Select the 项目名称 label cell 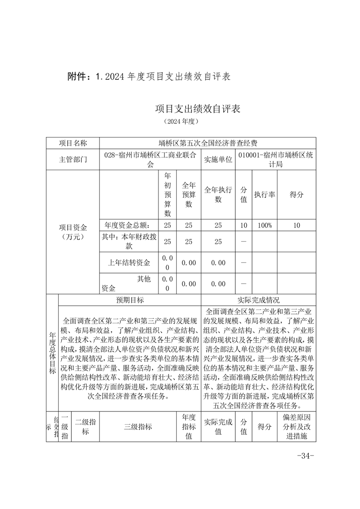pos(73,143)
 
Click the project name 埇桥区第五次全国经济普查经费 pos(208,143)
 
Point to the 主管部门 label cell pos(73,159)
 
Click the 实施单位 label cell pos(218,159)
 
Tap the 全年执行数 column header pos(218,194)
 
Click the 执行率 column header pos(265,194)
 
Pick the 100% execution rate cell pos(265,225)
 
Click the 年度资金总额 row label pos(129,225)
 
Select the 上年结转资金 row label pos(129,262)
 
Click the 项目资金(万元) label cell pos(73,232)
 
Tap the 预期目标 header pos(130,300)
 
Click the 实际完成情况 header pos(258,300)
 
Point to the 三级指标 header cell pos(138,426)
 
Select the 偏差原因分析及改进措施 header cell pos(296,426)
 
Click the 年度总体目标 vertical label pos(52,352)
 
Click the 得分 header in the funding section pos(296,194)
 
